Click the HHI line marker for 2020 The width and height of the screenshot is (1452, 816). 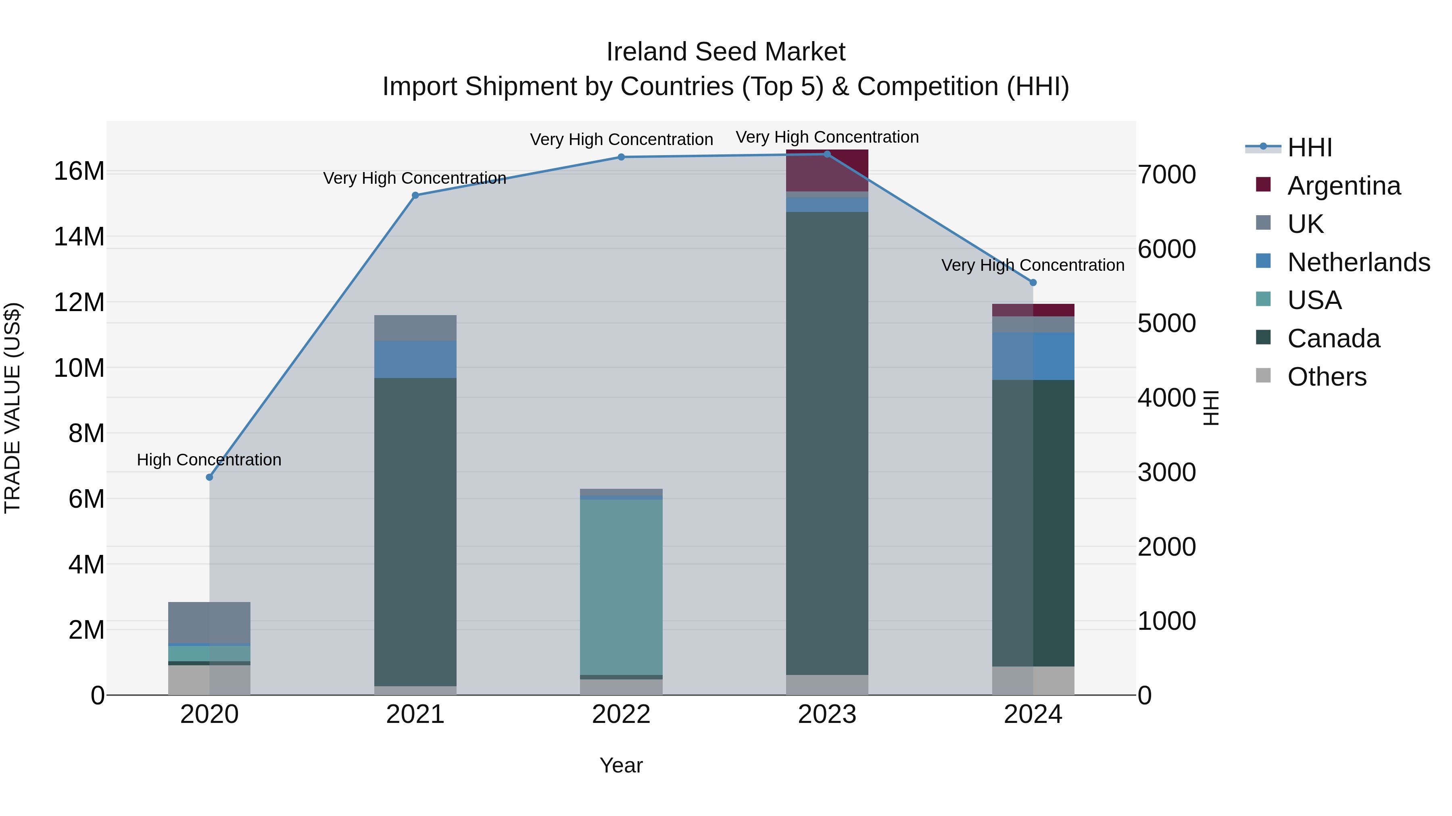tap(209, 477)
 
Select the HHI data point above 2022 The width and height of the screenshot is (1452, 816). tap(621, 157)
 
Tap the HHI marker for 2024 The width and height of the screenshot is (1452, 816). tap(1033, 283)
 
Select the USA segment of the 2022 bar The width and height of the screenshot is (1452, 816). tap(621, 586)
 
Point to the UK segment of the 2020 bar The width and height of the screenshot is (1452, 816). tap(209, 622)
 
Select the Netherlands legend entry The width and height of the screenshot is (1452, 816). tap(1358, 262)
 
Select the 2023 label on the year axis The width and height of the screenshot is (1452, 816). tap(827, 714)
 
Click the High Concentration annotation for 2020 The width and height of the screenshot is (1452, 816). tap(209, 459)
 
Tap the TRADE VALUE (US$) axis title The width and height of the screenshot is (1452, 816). tap(13, 408)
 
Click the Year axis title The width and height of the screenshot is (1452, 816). tap(621, 765)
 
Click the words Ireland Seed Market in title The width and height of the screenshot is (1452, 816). tap(726, 52)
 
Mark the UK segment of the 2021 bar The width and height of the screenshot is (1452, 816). tap(415, 328)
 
